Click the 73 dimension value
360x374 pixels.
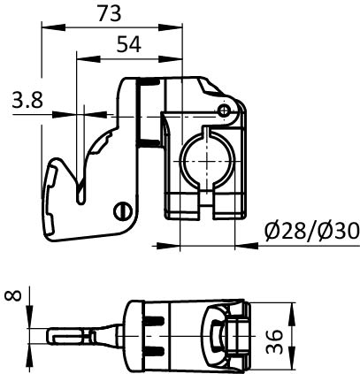[110, 13]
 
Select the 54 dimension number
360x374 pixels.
[129, 44]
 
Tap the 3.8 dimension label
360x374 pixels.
[27, 99]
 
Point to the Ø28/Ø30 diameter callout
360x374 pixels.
[312, 231]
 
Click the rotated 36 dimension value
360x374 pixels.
[274, 341]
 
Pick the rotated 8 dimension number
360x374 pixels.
[13, 295]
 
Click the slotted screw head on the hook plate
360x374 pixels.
[123, 211]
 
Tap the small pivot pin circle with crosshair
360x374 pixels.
[225, 111]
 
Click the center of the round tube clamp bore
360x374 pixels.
[208, 162]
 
